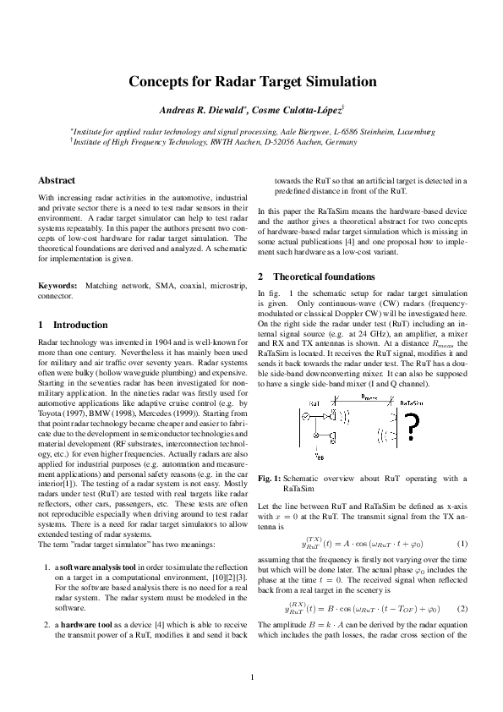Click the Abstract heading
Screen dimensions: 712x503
pos(57,180)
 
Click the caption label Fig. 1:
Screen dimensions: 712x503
pos(269,479)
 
